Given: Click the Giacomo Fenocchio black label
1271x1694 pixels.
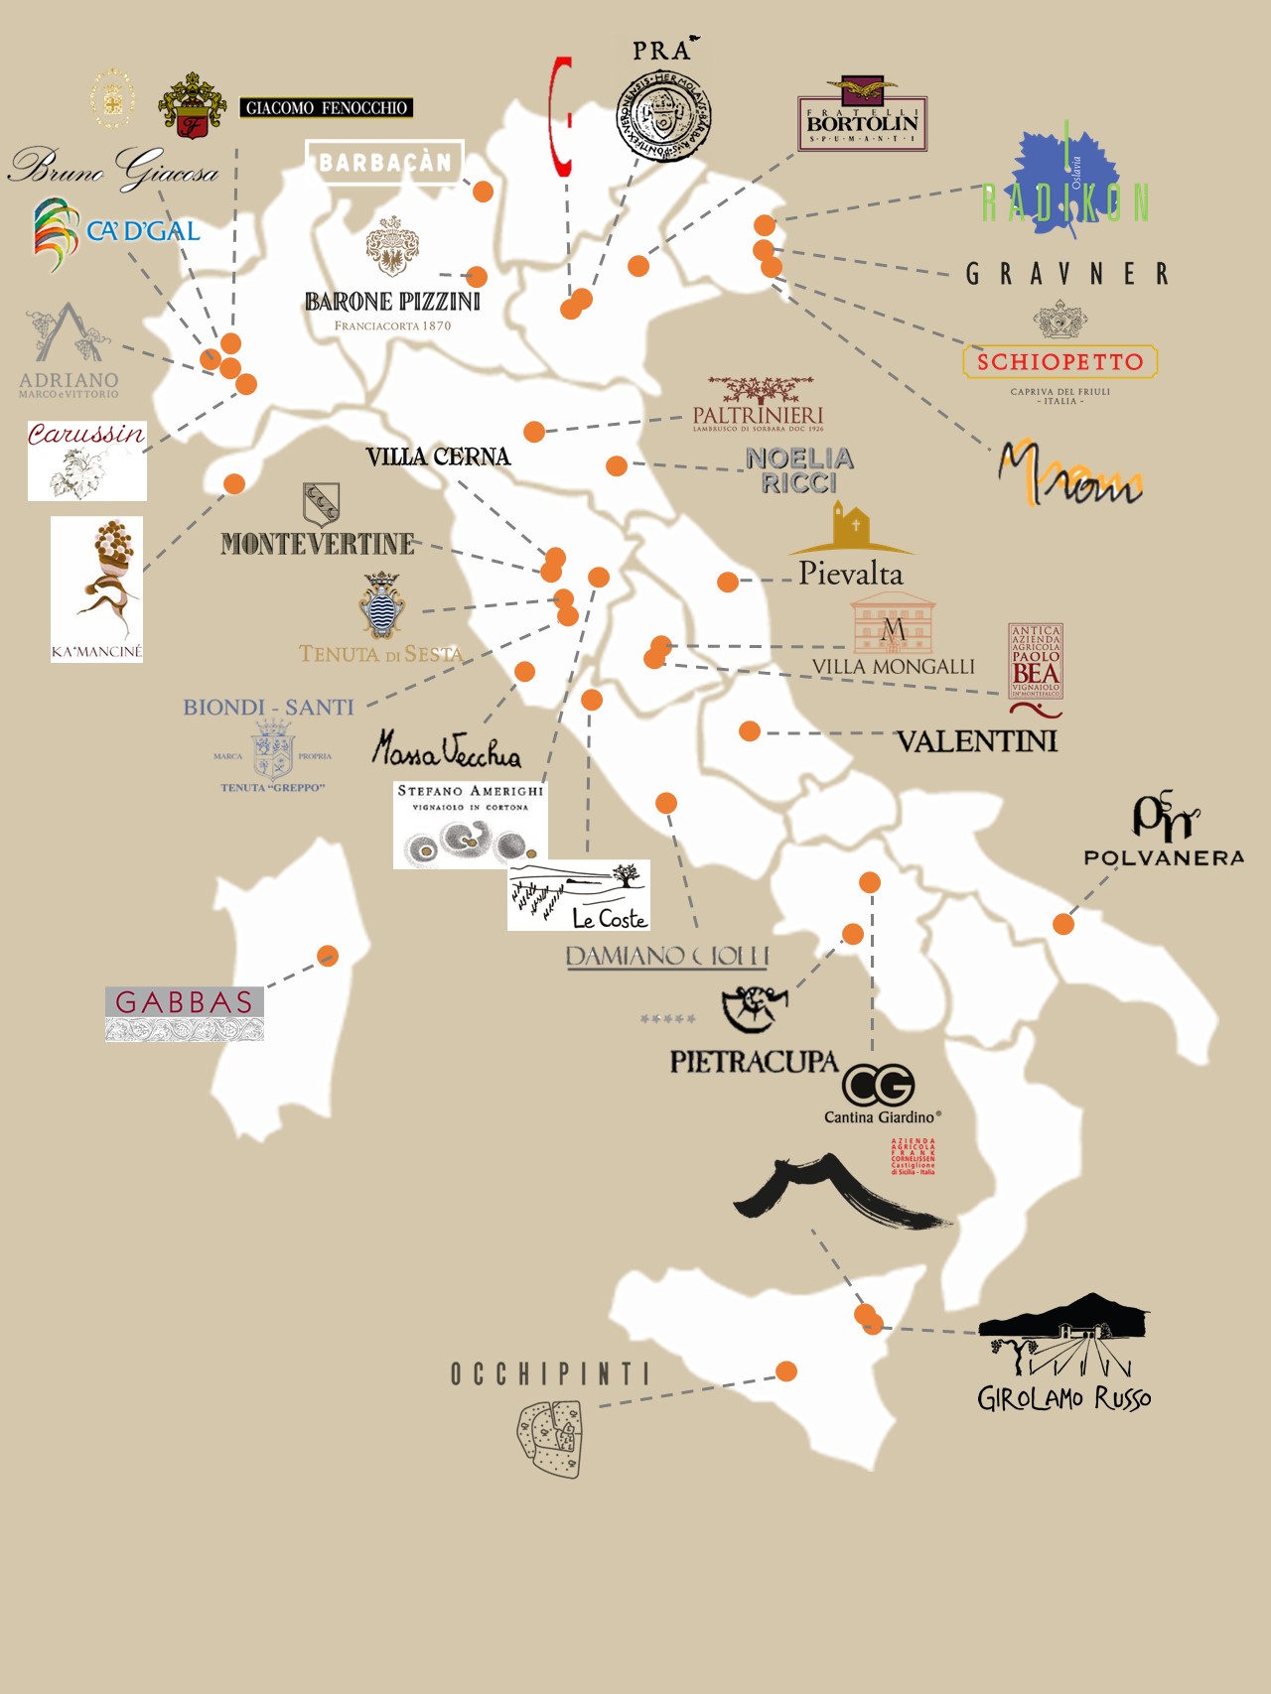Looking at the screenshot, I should [x=326, y=107].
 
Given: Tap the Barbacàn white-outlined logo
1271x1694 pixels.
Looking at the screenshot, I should [x=384, y=162].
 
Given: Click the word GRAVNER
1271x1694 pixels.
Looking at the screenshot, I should [x=1067, y=274].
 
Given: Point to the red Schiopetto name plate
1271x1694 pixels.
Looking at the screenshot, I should [x=1059, y=362].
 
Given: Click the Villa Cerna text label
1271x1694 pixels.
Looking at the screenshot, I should [x=438, y=456].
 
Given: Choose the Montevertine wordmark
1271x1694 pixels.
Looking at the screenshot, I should [x=318, y=544].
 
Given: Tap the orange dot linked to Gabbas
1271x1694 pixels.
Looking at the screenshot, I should [x=328, y=956].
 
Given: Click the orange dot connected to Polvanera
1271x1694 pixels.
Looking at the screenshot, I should [x=1063, y=924].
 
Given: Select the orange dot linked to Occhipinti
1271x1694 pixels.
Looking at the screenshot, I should [x=786, y=1371].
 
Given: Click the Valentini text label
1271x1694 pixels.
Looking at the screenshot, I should [x=976, y=741].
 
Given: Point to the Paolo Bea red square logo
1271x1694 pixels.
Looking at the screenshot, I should [x=1036, y=661].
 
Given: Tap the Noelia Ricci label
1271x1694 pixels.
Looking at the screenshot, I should [x=799, y=470].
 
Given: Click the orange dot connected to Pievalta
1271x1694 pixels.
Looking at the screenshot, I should [x=728, y=582].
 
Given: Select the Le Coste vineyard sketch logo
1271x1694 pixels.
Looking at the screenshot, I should [x=578, y=895].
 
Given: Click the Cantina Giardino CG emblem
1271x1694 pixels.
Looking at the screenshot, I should [x=878, y=1085].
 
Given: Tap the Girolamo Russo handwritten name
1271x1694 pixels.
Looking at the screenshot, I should [x=1063, y=1398].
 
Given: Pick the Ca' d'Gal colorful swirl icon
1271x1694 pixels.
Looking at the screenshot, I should [x=56, y=234].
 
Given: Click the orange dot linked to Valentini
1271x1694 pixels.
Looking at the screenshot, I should [x=750, y=731].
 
